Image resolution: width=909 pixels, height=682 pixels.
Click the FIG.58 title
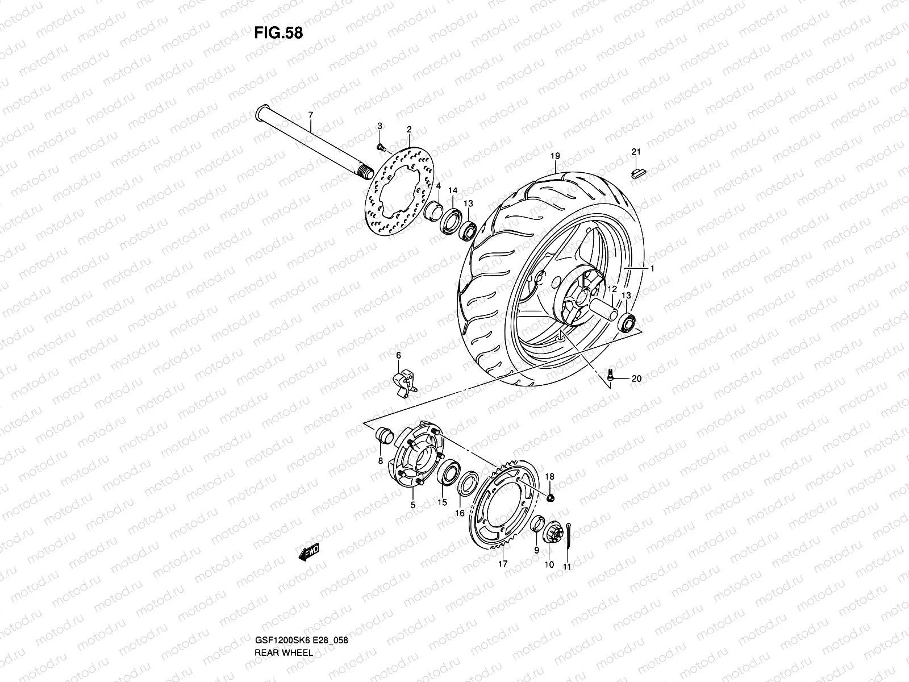click(x=278, y=33)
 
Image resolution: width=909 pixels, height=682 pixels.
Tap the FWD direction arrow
click(x=307, y=554)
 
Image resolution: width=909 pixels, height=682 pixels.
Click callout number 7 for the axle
click(x=311, y=115)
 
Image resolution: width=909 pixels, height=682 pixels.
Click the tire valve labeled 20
click(x=610, y=375)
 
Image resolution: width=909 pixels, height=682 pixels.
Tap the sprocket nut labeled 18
click(x=550, y=498)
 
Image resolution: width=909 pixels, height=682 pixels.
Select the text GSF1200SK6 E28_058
click(x=308, y=592)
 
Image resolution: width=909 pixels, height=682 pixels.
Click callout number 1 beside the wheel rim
click(x=652, y=269)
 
